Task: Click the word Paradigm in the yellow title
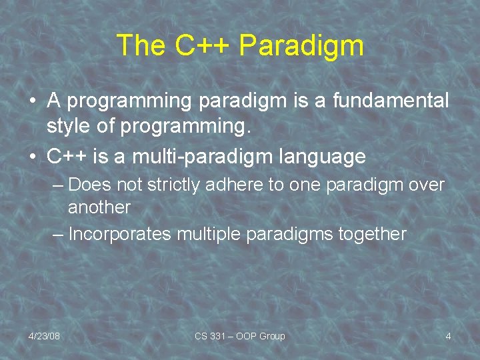(301, 46)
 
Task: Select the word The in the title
(141, 46)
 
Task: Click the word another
(99, 207)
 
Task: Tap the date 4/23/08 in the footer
(44, 336)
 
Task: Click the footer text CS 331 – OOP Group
(239, 336)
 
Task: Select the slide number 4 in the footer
(448, 336)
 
